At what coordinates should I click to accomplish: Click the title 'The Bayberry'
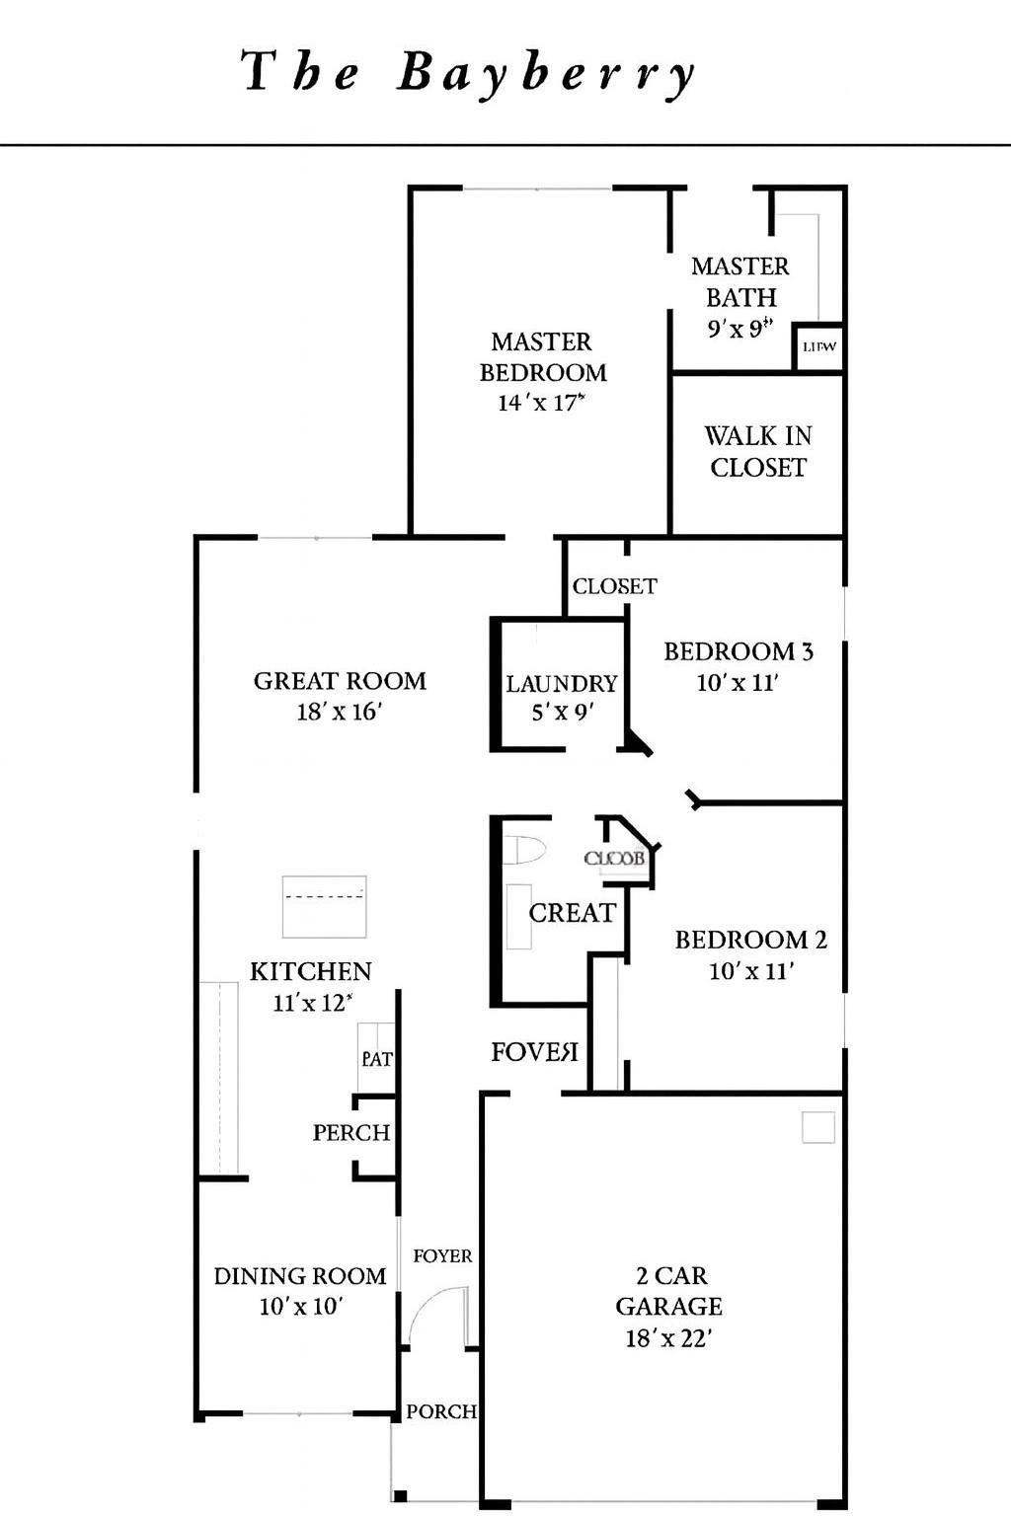470,74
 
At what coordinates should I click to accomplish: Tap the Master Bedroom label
542,357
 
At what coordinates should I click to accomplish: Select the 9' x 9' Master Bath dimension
739,330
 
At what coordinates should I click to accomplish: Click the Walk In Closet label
758,451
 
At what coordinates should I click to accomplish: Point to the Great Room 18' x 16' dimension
339,712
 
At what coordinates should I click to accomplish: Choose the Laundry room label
561,683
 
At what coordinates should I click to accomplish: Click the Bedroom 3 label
738,651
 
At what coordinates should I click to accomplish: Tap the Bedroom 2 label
750,940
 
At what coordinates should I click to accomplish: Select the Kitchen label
310,971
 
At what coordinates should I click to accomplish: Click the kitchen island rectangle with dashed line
324,906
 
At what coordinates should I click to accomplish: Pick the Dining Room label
300,1276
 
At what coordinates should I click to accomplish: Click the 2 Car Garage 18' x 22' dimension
668,1338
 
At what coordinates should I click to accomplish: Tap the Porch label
440,1411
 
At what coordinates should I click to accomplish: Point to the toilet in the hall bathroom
523,851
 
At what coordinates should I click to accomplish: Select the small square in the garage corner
817,1127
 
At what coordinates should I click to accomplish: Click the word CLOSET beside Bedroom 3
614,586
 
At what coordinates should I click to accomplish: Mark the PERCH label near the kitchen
351,1132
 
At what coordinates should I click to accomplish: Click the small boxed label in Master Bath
819,346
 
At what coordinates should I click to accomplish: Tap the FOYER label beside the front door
442,1255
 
